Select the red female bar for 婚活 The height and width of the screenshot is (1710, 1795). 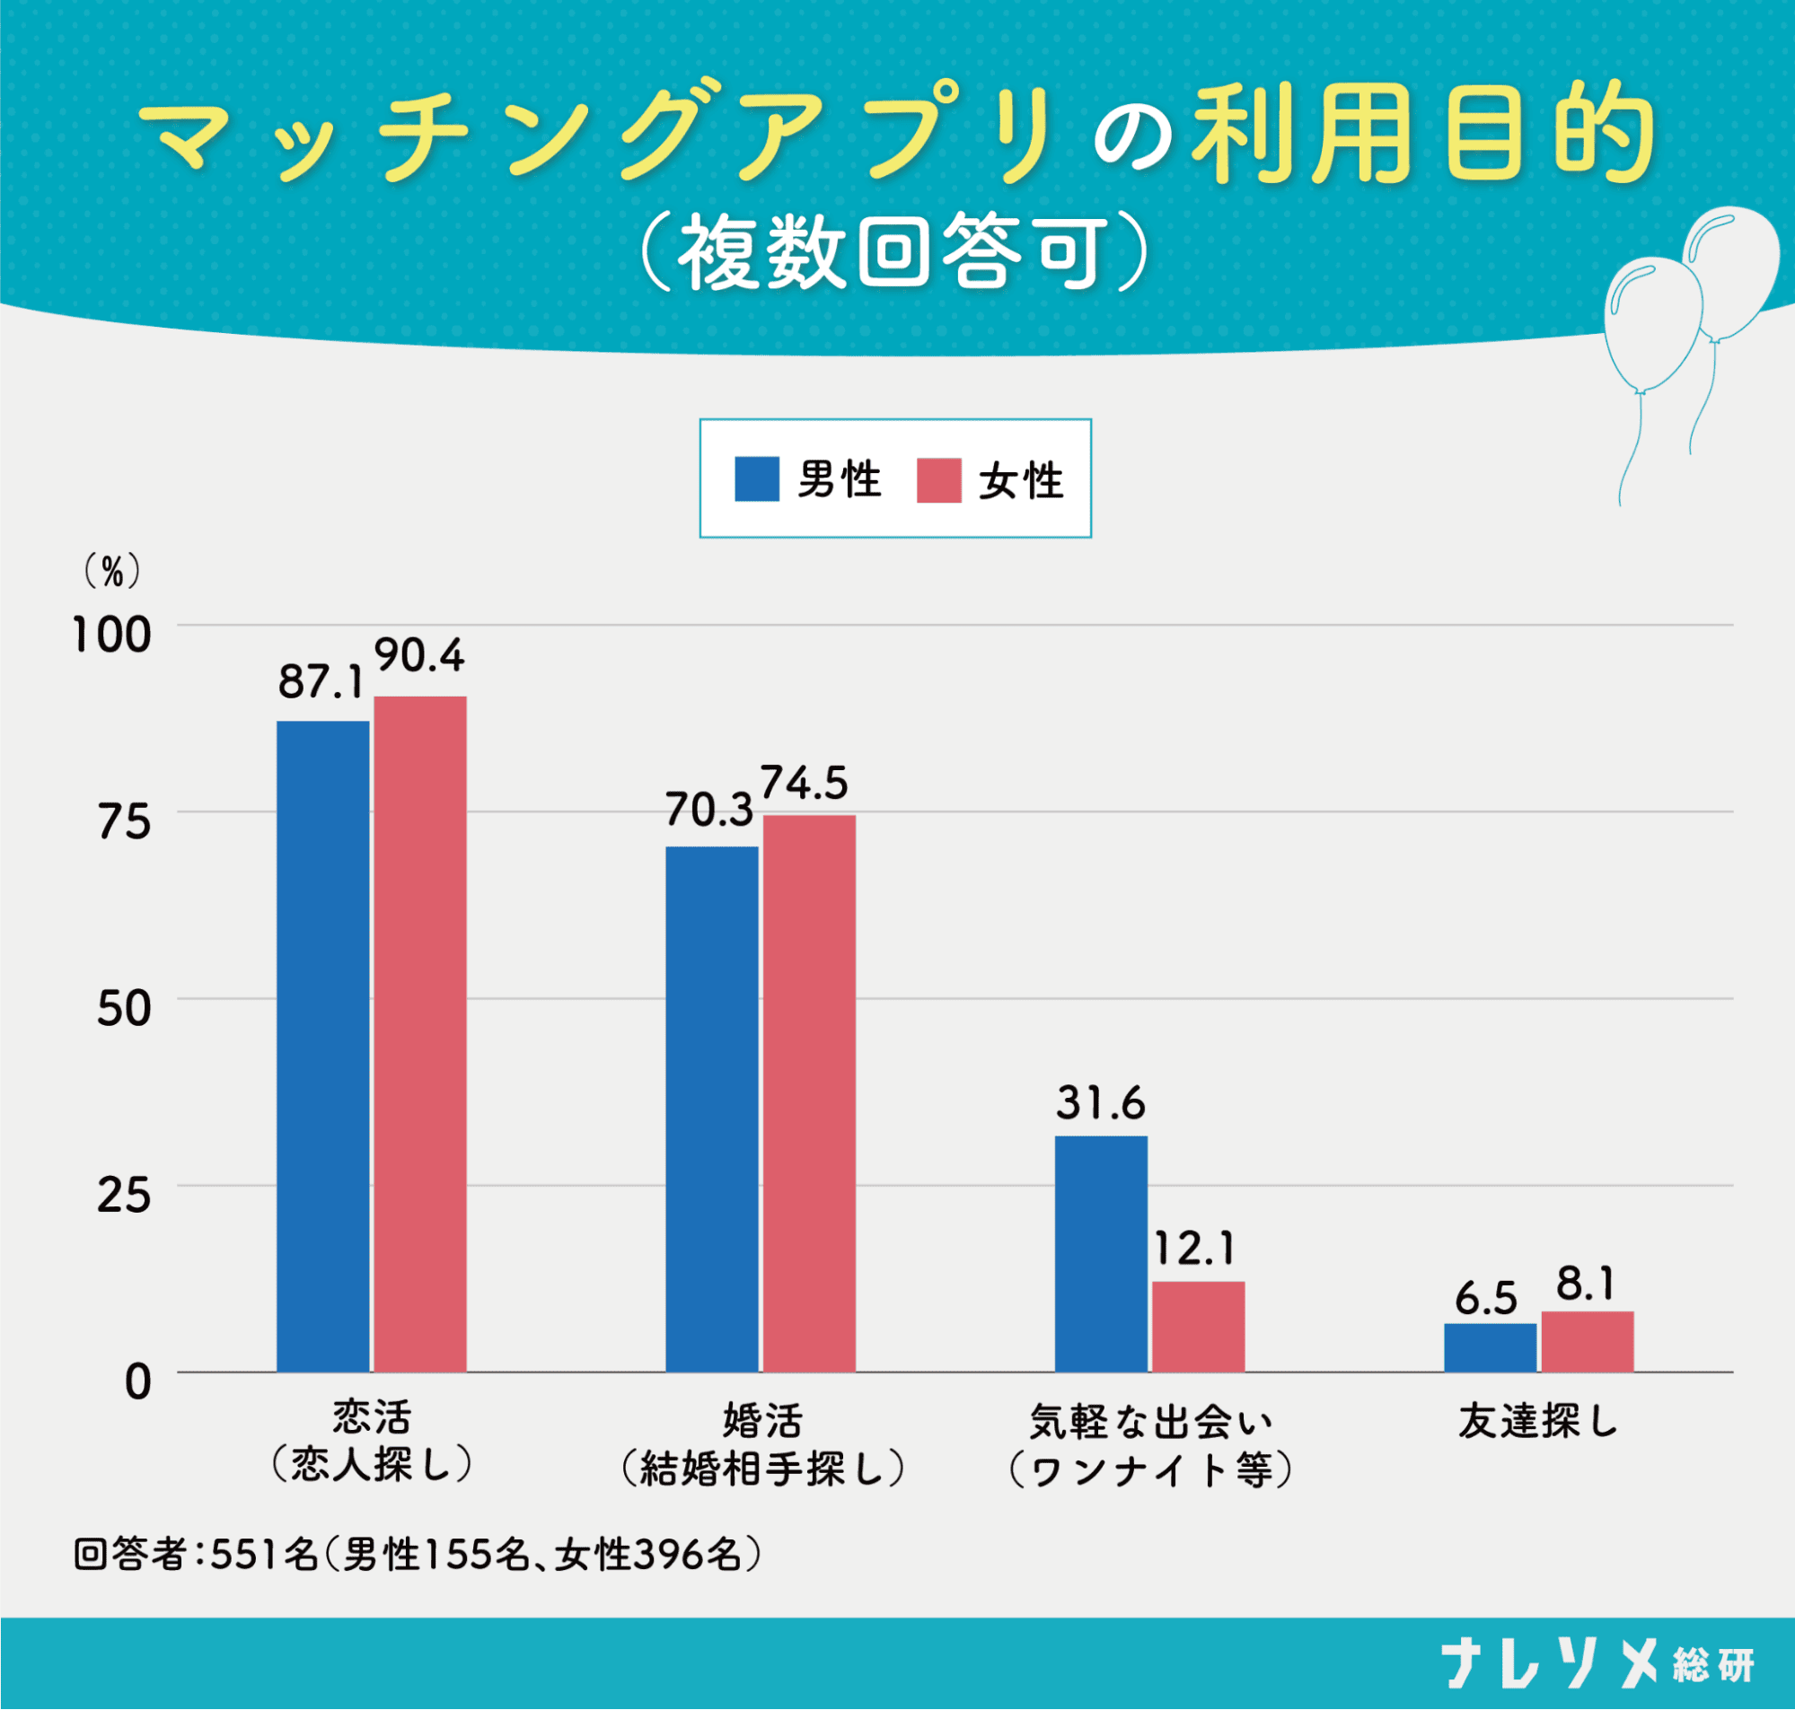click(x=809, y=1093)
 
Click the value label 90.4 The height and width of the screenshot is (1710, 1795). click(x=419, y=656)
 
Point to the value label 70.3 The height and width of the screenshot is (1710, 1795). click(x=708, y=811)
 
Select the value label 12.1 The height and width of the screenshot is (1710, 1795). click(x=1194, y=1249)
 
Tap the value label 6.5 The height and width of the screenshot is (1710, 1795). click(x=1486, y=1298)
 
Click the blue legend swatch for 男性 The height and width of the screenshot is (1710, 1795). click(x=757, y=479)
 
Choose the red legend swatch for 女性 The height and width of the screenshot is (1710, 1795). click(x=939, y=479)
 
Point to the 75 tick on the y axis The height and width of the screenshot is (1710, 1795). click(x=124, y=823)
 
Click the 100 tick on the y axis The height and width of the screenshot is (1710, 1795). click(x=111, y=636)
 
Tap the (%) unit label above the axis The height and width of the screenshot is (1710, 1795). click(x=112, y=573)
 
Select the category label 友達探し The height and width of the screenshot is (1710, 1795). click(x=1538, y=1422)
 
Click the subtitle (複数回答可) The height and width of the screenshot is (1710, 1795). click(x=893, y=252)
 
